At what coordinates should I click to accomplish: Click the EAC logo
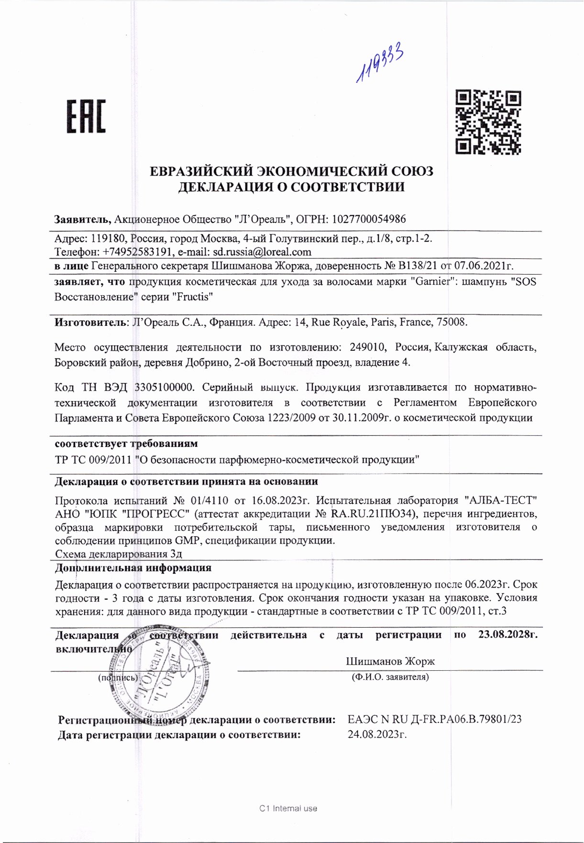tap(86, 116)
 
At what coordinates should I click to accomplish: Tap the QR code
tap(488, 122)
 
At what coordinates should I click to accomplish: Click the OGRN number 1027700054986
tap(369, 220)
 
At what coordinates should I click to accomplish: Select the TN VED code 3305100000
tap(164, 387)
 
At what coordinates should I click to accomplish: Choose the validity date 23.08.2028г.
tap(507, 635)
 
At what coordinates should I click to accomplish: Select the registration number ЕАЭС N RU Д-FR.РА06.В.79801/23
tap(434, 719)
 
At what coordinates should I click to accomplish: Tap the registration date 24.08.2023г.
tap(377, 734)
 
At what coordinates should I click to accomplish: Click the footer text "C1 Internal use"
tap(288, 809)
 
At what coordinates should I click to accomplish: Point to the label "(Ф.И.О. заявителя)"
tap(390, 677)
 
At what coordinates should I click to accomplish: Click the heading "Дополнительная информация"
tap(133, 568)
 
